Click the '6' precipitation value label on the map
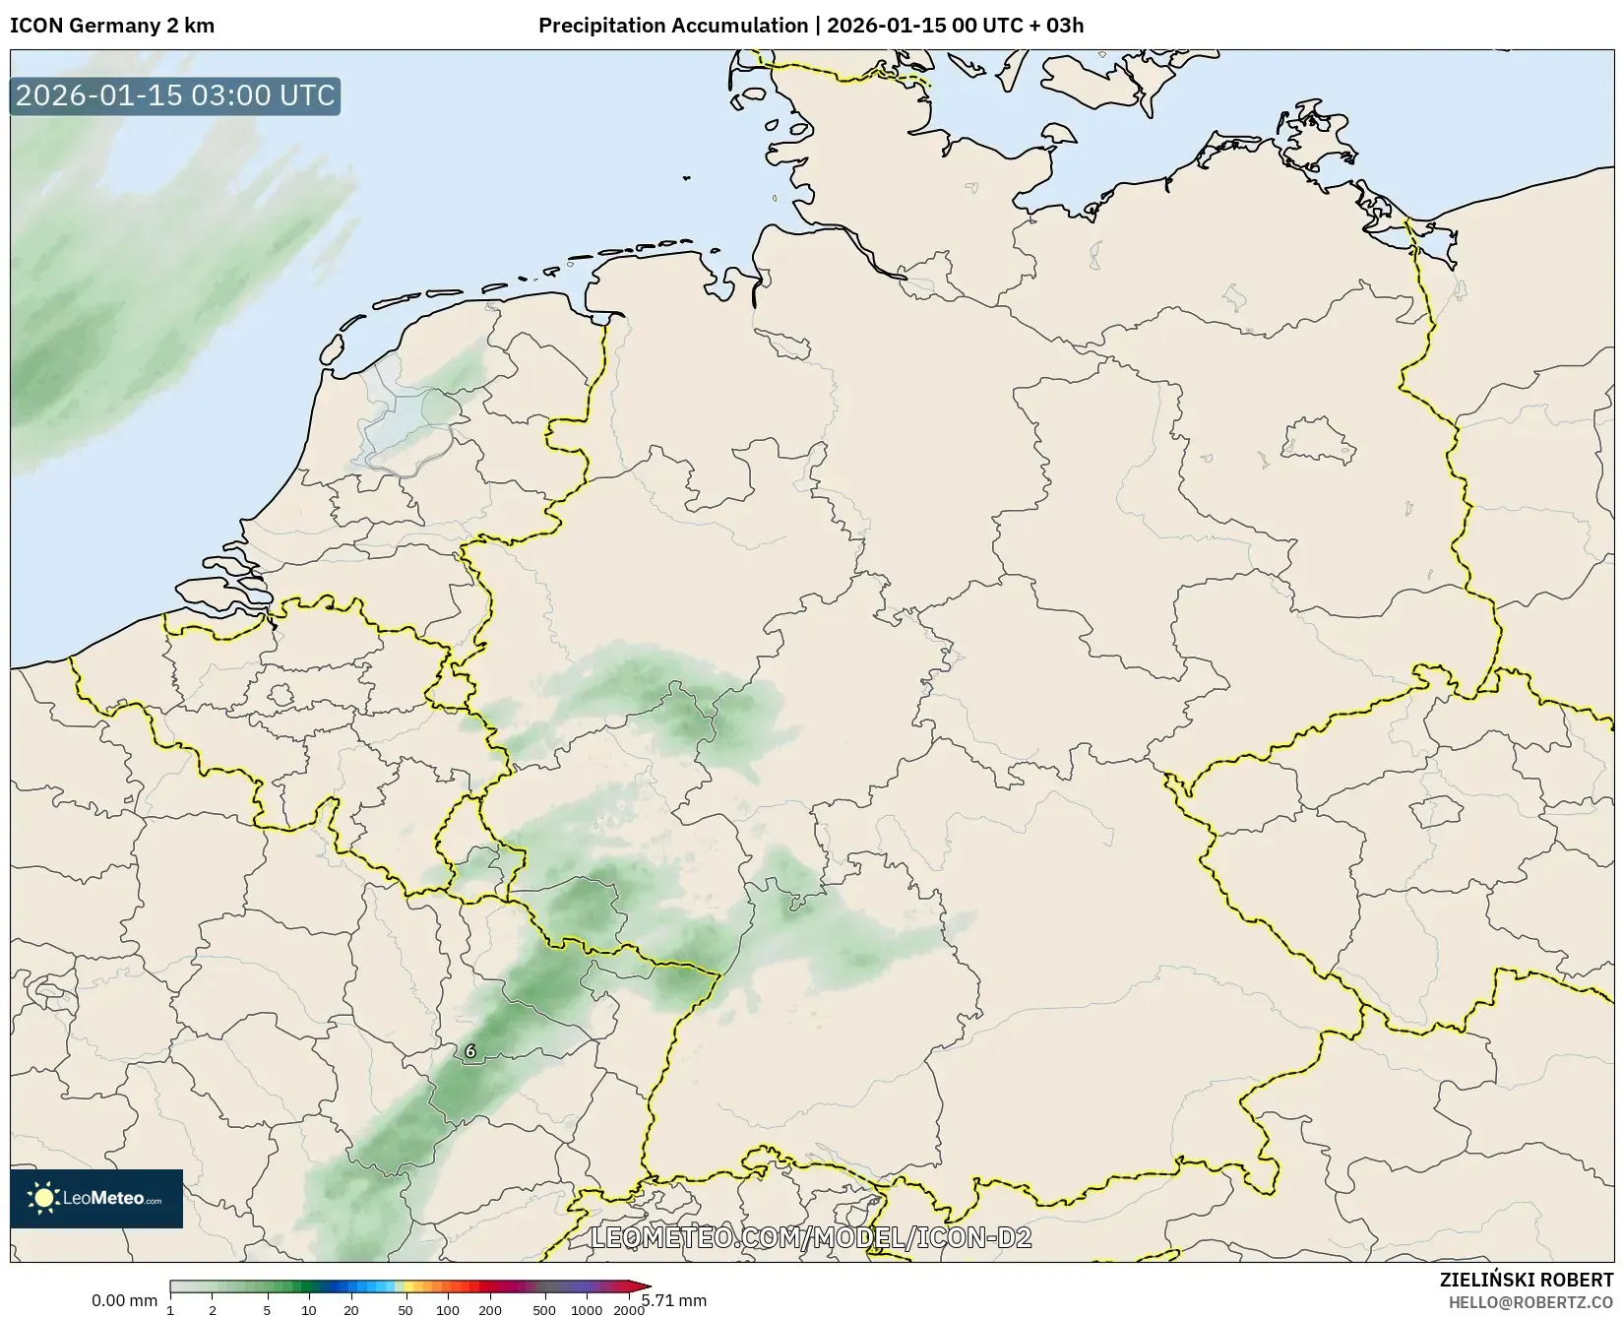coord(470,1051)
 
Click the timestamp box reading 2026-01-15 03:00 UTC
coord(175,95)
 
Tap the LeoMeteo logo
coord(96,1198)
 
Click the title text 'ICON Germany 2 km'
coord(112,26)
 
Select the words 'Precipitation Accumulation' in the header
coord(672,26)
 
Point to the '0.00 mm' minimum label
coord(124,1300)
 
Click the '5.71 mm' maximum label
coord(674,1300)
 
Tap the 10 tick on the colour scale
coord(309,1310)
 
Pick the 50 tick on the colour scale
coord(406,1310)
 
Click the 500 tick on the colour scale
coord(544,1310)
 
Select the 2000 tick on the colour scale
coord(628,1310)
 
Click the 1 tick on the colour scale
coord(170,1310)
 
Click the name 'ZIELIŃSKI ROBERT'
coord(1527,1281)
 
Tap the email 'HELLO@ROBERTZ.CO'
coord(1530,1302)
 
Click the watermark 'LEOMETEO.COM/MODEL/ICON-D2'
coord(810,1237)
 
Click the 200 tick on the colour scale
coord(489,1310)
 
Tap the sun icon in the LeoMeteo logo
coord(43,1198)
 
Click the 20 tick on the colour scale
coord(350,1310)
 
